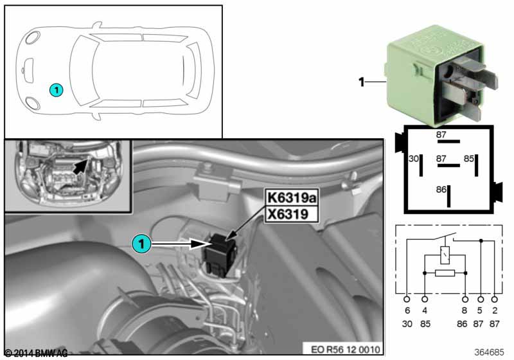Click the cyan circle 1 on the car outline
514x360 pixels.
pyautogui.click(x=57, y=91)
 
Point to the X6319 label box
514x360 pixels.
pyautogui.click(x=290, y=214)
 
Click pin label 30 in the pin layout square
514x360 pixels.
pyautogui.click(x=413, y=157)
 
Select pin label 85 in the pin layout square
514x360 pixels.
pyautogui.click(x=468, y=157)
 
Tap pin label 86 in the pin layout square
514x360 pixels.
pyautogui.click(x=440, y=190)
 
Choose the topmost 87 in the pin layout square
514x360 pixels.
pyautogui.click(x=441, y=135)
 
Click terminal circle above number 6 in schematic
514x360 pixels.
pyautogui.click(x=406, y=300)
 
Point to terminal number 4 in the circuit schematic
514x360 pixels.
pyautogui.click(x=424, y=310)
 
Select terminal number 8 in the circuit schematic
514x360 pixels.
pyautogui.click(x=465, y=310)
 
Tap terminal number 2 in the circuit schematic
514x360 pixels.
pyautogui.click(x=494, y=310)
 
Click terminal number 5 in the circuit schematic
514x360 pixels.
pyautogui.click(x=481, y=310)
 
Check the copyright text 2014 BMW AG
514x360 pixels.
pyautogui.click(x=36, y=353)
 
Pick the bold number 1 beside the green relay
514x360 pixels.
pyautogui.click(x=361, y=82)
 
